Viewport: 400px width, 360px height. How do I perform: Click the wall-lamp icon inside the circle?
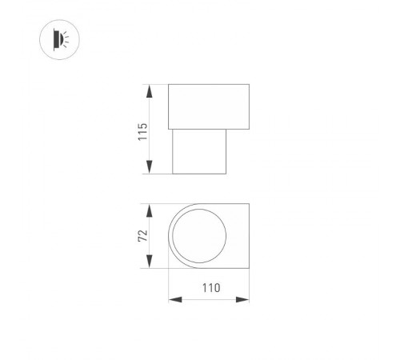[x=58, y=38]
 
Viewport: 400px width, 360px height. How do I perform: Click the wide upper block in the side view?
[x=209, y=106]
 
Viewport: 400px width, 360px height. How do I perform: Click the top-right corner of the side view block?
[x=249, y=84]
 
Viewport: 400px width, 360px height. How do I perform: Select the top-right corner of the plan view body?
[x=249, y=203]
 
